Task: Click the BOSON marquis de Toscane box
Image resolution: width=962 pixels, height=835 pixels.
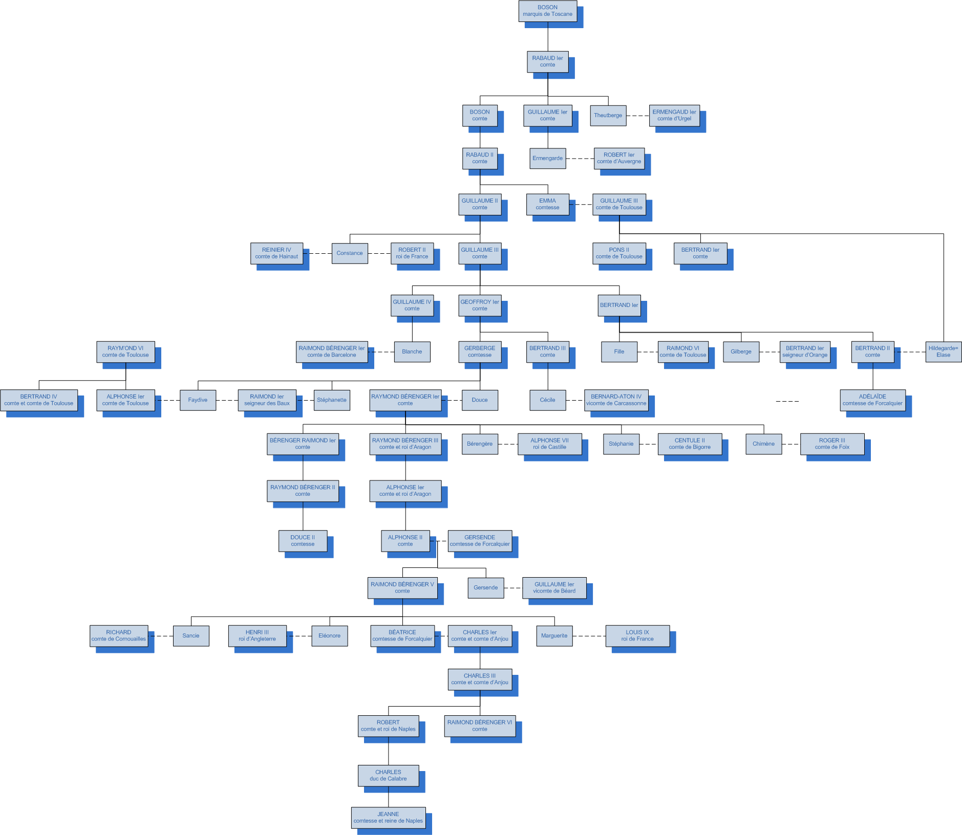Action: click(x=547, y=11)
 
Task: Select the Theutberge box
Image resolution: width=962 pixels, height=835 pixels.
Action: click(x=608, y=115)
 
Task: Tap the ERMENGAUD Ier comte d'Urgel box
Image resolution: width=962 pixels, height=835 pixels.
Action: click(x=674, y=115)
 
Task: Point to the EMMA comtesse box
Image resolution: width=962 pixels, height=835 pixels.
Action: click(x=547, y=204)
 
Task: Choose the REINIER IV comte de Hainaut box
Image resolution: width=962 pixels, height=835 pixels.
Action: click(x=276, y=253)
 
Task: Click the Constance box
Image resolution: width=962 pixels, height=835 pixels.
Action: click(x=350, y=253)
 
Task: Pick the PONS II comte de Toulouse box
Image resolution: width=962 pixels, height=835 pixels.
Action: click(x=619, y=253)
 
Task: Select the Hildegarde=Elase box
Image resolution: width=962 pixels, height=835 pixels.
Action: click(x=943, y=351)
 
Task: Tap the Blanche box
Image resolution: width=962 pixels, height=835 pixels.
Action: click(x=412, y=351)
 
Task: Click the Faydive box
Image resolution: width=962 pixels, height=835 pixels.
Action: click(x=198, y=400)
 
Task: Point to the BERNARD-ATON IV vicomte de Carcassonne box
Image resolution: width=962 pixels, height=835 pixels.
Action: click(x=616, y=400)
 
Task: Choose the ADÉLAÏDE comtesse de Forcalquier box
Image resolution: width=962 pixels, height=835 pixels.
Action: click(x=872, y=400)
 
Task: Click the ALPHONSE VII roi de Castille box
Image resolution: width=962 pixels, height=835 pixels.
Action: click(x=549, y=444)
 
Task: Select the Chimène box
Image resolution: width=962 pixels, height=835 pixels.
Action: click(x=763, y=444)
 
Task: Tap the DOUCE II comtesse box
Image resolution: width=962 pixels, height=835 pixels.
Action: click(x=303, y=541)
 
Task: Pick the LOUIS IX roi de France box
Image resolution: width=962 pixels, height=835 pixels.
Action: click(x=637, y=635)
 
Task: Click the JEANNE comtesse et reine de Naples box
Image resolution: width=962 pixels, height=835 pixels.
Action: click(x=388, y=818)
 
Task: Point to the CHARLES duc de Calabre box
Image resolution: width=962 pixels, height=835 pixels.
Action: click(x=388, y=776)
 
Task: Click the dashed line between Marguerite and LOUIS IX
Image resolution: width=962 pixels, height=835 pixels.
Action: click(x=589, y=636)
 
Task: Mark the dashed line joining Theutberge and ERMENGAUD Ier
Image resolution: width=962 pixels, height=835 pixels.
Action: click(x=638, y=116)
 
